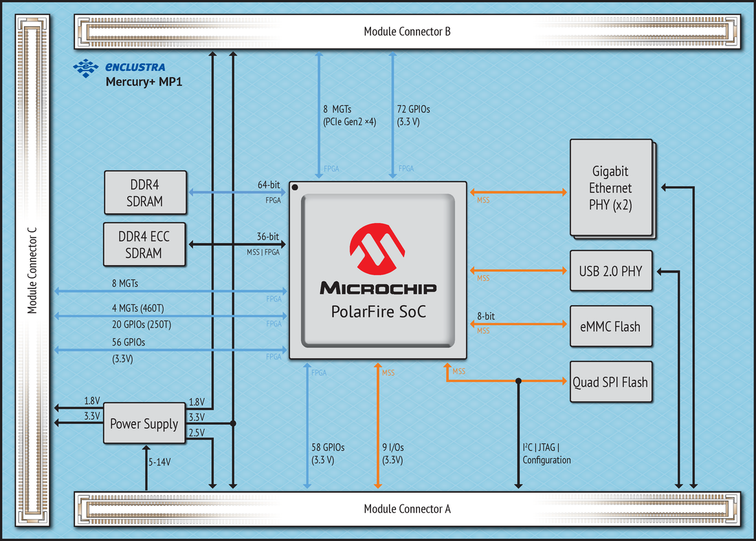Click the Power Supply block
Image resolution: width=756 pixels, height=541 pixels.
[144, 423]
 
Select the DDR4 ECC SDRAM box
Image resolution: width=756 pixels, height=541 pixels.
[144, 244]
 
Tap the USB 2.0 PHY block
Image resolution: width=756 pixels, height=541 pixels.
[610, 271]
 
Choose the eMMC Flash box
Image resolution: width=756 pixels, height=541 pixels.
[610, 326]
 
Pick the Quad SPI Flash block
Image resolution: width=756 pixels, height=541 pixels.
[610, 381]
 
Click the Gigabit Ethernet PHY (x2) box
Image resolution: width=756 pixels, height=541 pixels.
[610, 188]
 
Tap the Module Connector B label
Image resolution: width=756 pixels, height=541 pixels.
[407, 32]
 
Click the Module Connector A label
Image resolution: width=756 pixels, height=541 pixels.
[407, 509]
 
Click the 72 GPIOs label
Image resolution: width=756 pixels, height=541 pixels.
[414, 109]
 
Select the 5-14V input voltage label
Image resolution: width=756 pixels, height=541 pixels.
[159, 462]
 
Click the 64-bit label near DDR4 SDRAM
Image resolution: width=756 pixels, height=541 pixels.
[268, 184]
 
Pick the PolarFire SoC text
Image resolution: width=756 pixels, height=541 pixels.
[378, 312]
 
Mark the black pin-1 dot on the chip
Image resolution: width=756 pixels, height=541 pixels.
[295, 187]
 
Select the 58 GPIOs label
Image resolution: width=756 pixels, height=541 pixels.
[328, 447]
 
